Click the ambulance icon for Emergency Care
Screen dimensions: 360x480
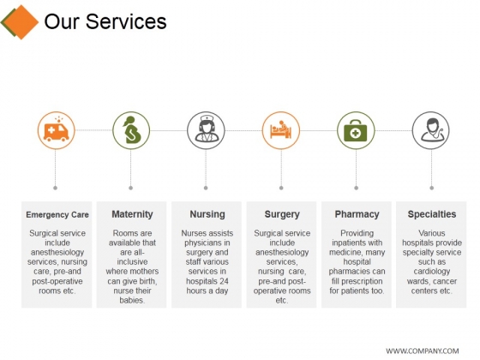coord(57,130)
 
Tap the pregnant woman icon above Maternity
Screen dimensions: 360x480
coord(131,130)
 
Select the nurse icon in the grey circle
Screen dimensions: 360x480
coord(207,130)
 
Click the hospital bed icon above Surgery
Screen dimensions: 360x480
coord(281,130)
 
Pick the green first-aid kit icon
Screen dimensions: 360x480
coord(356,130)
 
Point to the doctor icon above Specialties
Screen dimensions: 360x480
coord(431,130)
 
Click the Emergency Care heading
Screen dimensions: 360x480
coord(57,214)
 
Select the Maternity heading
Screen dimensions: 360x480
coord(132,214)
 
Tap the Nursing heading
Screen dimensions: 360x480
coord(207,214)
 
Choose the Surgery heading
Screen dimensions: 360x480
coord(282,214)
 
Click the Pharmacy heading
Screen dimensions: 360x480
coord(357,214)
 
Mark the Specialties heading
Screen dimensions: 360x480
coord(431,214)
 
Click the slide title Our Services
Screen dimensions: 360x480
coord(105,21)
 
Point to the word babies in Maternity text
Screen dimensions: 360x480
coord(131,301)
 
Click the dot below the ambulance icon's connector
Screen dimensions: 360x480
coord(57,186)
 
